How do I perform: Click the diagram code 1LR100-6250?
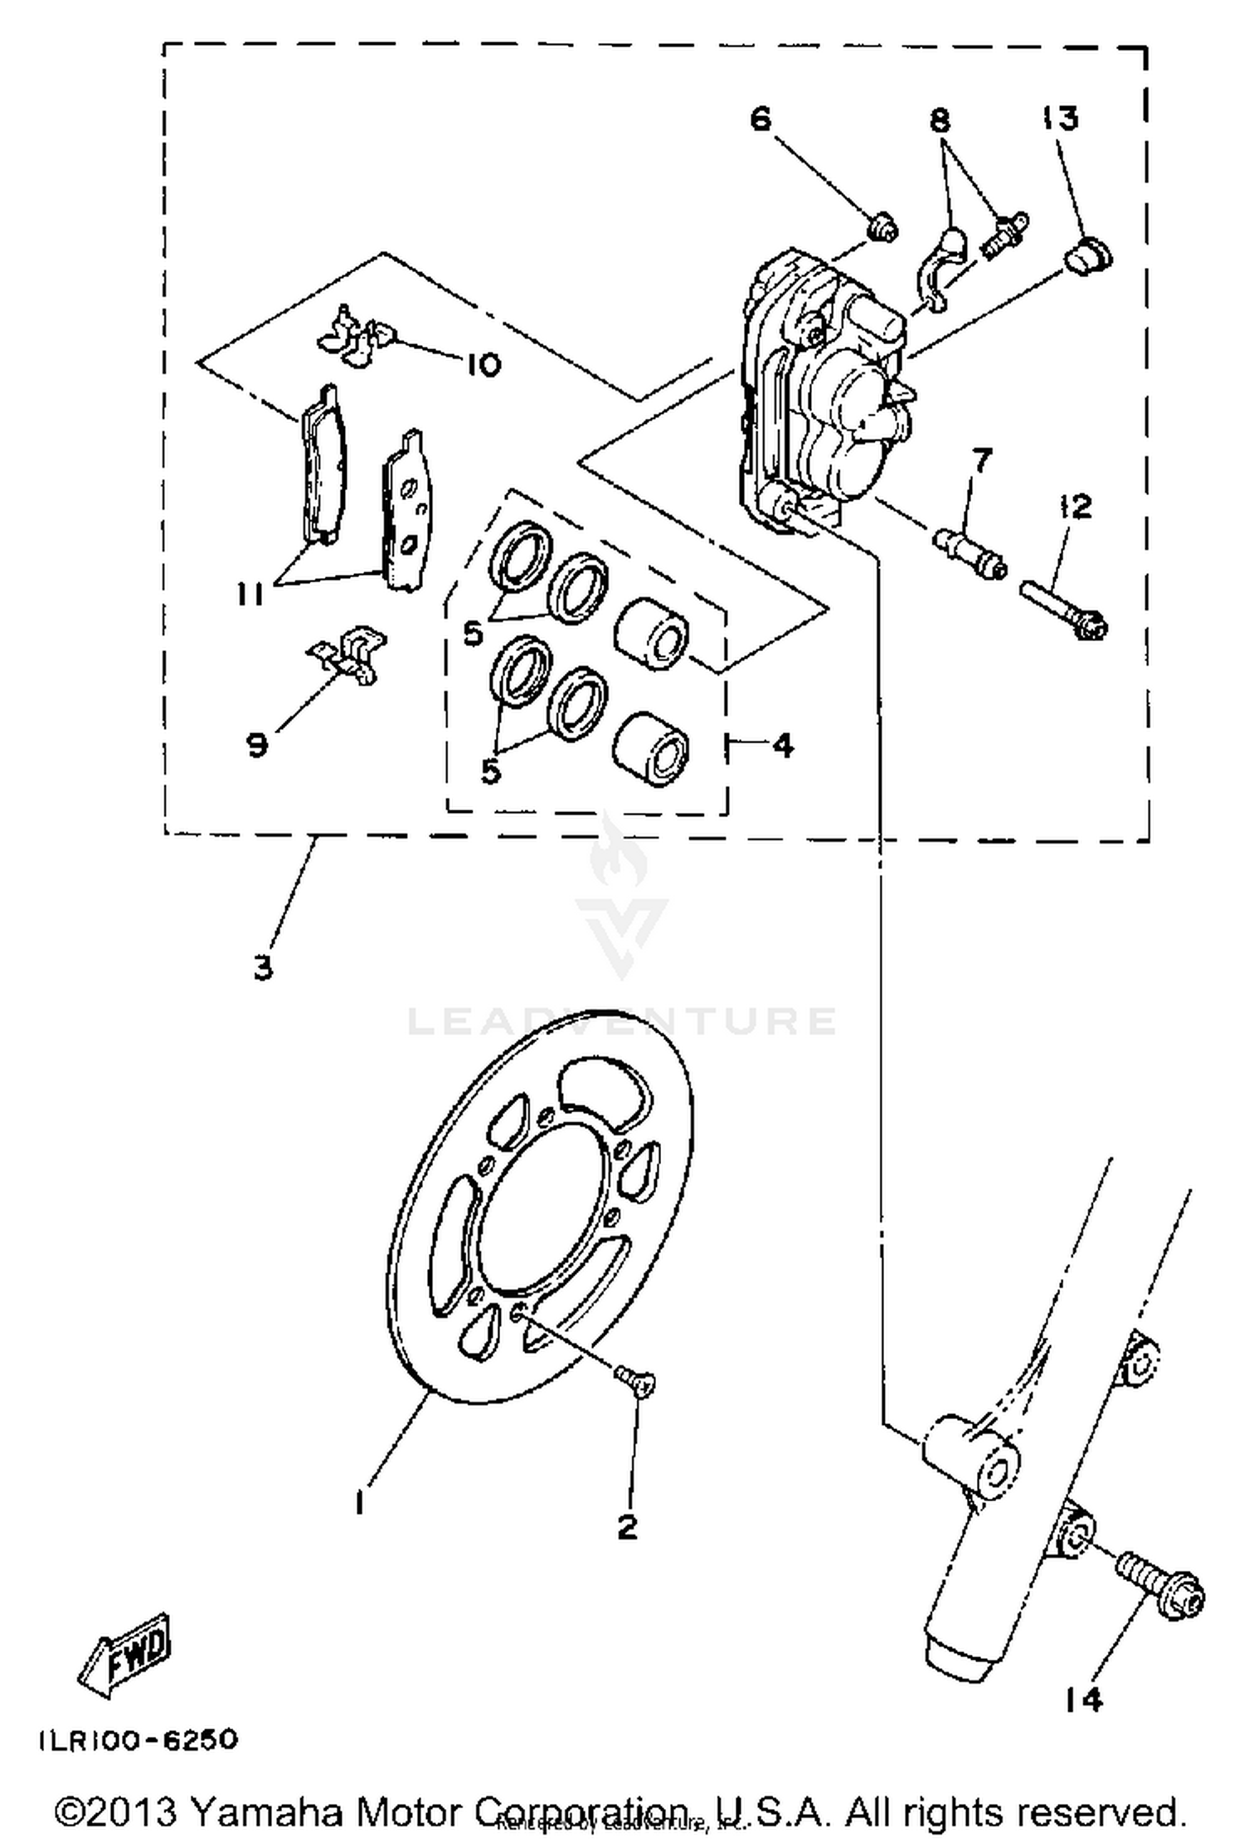point(138,1739)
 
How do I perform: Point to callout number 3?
point(263,967)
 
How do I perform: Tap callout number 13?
point(1062,119)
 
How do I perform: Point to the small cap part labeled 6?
point(882,226)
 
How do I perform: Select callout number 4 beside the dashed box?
point(782,745)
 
